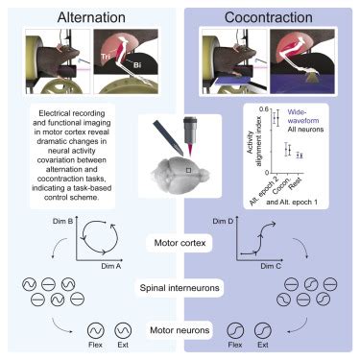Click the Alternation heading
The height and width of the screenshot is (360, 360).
click(x=89, y=16)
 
